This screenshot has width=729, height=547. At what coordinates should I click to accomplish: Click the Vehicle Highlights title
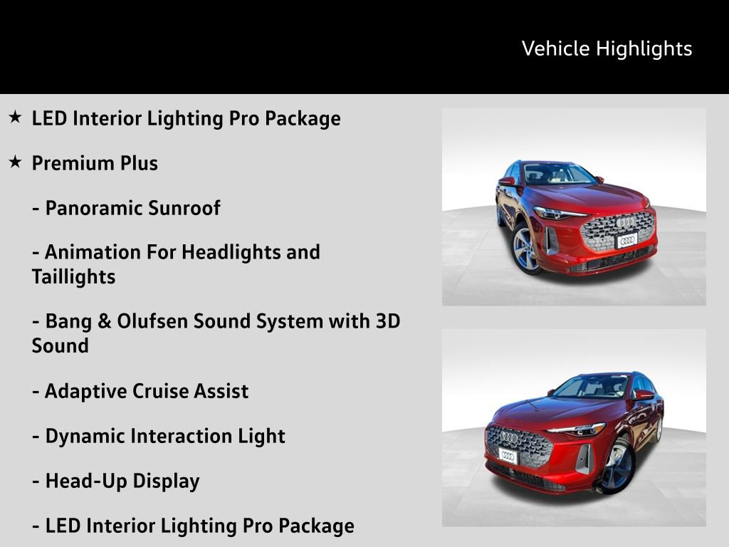click(607, 49)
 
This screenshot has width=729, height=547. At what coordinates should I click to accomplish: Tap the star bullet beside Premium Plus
click(16, 162)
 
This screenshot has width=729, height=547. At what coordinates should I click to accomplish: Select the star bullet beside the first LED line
click(16, 117)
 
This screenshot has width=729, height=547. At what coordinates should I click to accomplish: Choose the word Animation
click(93, 252)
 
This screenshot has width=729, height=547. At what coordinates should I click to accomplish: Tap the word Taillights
click(73, 277)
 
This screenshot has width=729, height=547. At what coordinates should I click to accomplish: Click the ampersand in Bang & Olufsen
click(104, 321)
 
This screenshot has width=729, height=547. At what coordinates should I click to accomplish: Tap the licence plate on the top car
click(626, 241)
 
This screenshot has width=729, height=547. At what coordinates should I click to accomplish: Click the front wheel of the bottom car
click(617, 465)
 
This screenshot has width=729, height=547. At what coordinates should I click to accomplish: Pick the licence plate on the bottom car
click(508, 456)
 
